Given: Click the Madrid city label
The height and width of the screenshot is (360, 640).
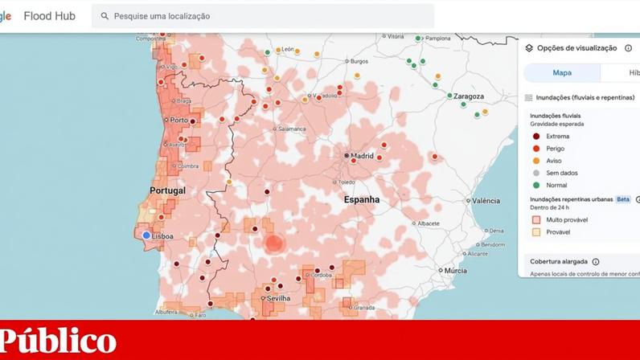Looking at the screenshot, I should point(362,156).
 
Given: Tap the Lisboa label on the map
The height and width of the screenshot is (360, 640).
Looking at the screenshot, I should point(162,236).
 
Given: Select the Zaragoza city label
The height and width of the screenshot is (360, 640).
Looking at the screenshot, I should point(468,96).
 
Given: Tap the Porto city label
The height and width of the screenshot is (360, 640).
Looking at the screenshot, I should point(178,121).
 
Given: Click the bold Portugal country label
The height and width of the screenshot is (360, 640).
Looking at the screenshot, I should point(167,190).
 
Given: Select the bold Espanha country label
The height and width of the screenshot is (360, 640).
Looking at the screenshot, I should point(362,199).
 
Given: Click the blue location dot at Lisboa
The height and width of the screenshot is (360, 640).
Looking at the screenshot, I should point(146,235).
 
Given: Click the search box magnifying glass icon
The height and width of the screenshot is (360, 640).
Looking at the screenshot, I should point(104,16).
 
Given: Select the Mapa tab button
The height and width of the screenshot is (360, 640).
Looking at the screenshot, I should point(562,72).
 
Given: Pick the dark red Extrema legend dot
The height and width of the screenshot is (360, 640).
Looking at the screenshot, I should point(535,137).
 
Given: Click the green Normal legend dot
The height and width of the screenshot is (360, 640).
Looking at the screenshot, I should point(535,185).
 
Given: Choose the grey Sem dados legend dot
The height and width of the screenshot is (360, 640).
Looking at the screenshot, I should point(535,173).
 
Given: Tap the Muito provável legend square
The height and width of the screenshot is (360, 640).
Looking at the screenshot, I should point(535,219).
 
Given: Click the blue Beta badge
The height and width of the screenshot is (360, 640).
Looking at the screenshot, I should point(623,198).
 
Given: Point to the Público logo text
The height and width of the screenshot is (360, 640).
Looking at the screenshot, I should point(59,341).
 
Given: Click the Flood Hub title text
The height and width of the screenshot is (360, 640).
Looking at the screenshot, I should point(50,16).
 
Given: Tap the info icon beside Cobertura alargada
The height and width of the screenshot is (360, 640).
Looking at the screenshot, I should point(596,261).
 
